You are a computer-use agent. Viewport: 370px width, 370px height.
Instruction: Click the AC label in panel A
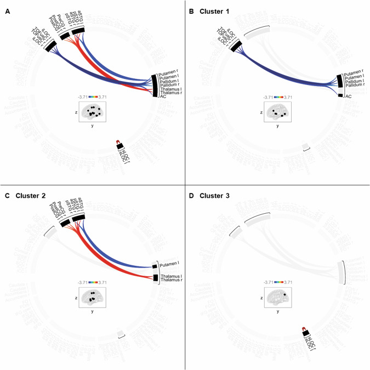coord(163,97)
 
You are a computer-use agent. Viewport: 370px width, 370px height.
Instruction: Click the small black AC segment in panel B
coord(341,96)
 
